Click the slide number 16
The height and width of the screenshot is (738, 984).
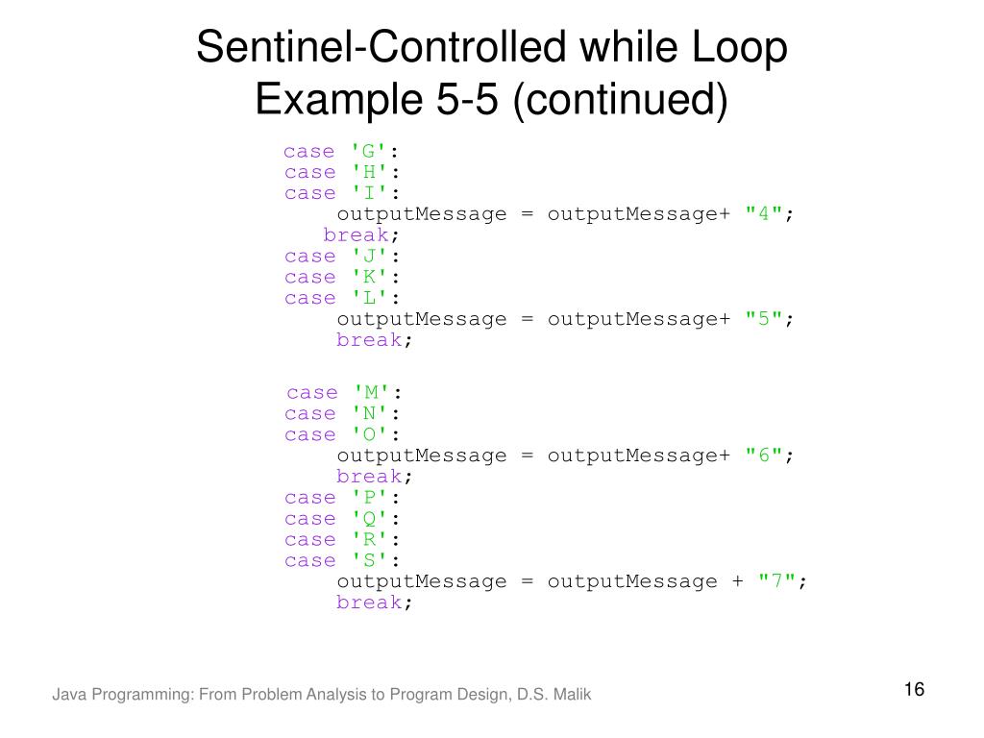[913, 690]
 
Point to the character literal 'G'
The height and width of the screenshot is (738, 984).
[369, 151]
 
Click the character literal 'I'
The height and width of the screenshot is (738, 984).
[369, 193]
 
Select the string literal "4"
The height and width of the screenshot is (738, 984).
[765, 214]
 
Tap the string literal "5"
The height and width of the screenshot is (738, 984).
[765, 319]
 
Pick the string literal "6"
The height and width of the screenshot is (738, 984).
[765, 455]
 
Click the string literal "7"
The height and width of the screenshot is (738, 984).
[778, 581]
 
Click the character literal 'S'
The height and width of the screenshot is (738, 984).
[369, 560]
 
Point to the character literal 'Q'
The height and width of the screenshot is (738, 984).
[369, 519]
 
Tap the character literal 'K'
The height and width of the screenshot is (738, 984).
[369, 277]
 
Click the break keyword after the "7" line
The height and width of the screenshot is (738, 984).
[369, 603]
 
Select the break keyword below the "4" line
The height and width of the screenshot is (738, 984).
[356, 235]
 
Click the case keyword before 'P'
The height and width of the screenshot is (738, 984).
[309, 498]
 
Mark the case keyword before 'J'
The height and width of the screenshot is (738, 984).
[309, 257]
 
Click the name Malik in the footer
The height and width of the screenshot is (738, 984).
[572, 694]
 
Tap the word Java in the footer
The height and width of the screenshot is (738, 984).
[67, 694]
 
